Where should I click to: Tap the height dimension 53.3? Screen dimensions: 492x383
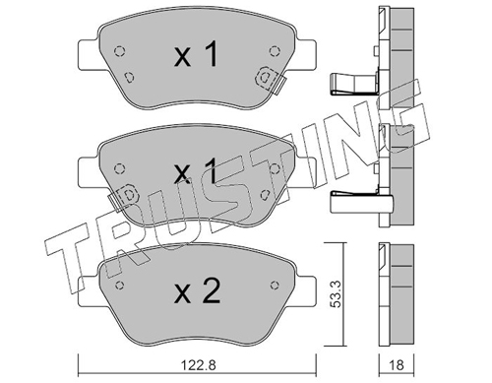pyautogui.click(x=337, y=294)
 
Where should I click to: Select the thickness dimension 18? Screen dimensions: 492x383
pyautogui.click(x=397, y=364)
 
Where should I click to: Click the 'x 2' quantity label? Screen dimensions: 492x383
pyautogui.click(x=197, y=291)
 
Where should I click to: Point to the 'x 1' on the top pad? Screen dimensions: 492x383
pyautogui.click(x=196, y=54)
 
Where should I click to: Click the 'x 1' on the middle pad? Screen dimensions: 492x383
pyautogui.click(x=196, y=170)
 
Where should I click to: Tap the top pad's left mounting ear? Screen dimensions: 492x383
pyautogui.click(x=89, y=55)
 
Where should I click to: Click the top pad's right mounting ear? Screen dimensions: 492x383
pyautogui.click(x=306, y=55)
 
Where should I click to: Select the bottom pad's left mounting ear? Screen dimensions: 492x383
pyautogui.click(x=89, y=291)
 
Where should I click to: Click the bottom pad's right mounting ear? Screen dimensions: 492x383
pyautogui.click(x=306, y=291)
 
